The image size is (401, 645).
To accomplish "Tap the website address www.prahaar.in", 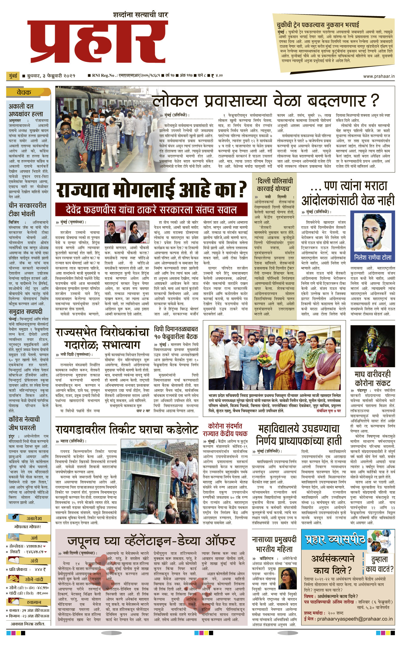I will click(379, 76).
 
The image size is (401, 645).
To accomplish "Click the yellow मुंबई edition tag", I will click(13, 76).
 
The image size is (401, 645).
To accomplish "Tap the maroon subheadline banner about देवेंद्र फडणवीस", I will click(151, 209).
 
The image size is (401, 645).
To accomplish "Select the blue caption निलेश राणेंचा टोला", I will click(372, 257).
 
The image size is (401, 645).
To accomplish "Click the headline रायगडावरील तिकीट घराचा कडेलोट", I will click(127, 430).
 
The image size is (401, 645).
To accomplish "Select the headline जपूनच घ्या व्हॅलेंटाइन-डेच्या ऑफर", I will click(152, 541).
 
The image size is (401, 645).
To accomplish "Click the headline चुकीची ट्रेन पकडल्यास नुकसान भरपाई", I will click(318, 24).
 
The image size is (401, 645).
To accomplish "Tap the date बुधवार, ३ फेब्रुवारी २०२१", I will click(51, 76).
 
